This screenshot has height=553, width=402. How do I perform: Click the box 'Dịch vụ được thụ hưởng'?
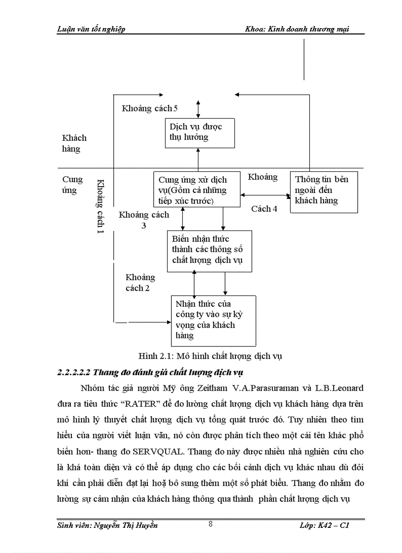click(x=199, y=132)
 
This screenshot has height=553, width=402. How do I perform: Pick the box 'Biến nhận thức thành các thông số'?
click(x=209, y=251)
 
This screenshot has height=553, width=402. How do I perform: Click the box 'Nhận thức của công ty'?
click(x=213, y=320)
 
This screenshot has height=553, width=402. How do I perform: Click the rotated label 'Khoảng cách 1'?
click(x=100, y=206)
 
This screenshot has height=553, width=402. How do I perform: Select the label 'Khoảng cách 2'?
click(x=139, y=283)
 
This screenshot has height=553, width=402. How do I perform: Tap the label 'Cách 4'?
click(x=264, y=209)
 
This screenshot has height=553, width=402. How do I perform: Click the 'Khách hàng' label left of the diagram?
click(x=74, y=143)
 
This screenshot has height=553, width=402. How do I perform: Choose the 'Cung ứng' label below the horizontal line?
click(x=72, y=185)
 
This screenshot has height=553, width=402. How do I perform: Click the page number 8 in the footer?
click(x=210, y=524)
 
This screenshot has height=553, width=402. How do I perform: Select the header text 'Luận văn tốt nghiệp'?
click(x=91, y=29)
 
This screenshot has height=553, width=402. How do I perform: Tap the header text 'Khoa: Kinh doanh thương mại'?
click(x=297, y=29)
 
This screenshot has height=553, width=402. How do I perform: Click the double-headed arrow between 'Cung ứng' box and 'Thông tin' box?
click(x=265, y=195)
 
